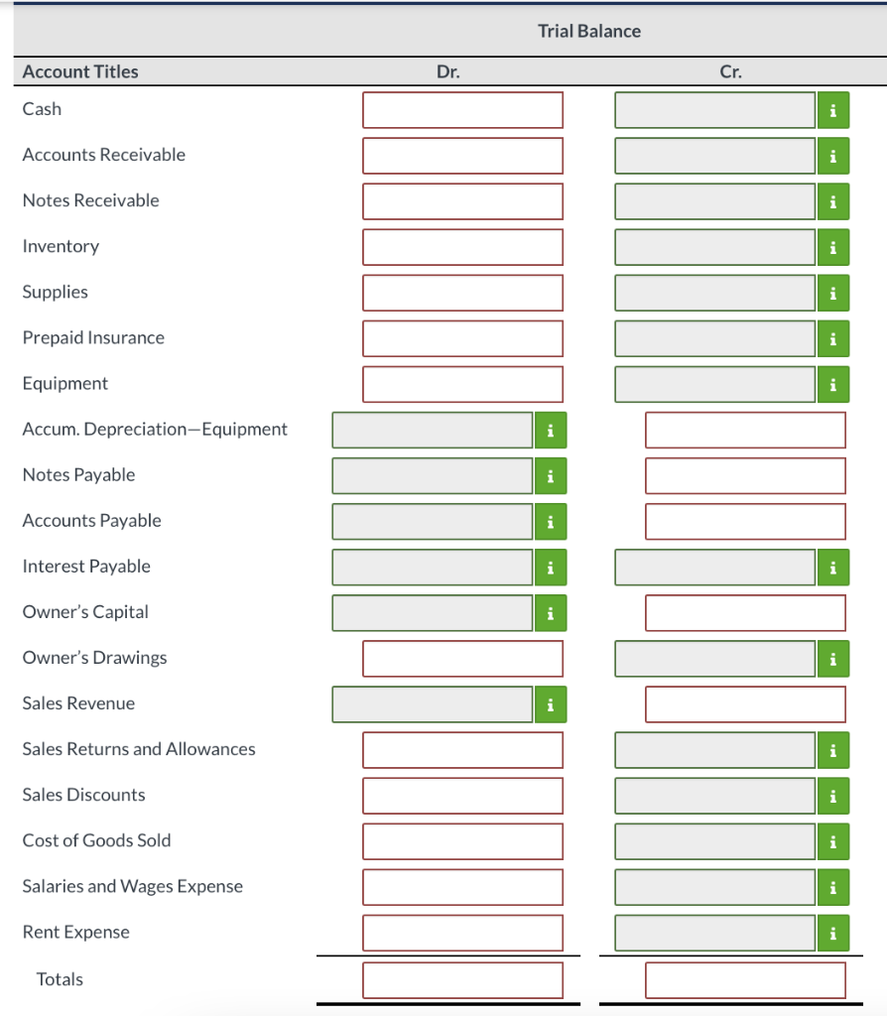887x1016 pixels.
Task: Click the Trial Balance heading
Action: [589, 31]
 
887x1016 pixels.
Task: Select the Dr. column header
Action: [448, 71]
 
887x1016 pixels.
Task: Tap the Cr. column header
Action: [730, 71]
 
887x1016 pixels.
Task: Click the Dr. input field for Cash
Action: [462, 110]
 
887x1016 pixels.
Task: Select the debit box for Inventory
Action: [462, 247]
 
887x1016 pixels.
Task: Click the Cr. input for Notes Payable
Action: [745, 475]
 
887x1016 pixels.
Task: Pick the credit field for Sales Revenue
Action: [745, 704]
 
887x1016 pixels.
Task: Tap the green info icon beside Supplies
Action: [833, 293]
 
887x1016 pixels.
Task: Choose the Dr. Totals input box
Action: [462, 980]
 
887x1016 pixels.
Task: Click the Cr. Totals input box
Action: [745, 980]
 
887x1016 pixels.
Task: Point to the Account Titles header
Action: [80, 71]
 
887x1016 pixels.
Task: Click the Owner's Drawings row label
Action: [94, 658]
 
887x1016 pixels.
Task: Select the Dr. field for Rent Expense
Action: [462, 933]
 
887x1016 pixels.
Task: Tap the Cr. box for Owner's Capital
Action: [745, 613]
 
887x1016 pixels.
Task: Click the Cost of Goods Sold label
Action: [96, 840]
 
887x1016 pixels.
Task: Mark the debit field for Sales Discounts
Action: [462, 796]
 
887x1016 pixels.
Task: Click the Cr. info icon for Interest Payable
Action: [833, 568]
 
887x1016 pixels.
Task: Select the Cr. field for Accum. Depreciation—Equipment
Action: [745, 430]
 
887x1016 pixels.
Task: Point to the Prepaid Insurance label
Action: [93, 337]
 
